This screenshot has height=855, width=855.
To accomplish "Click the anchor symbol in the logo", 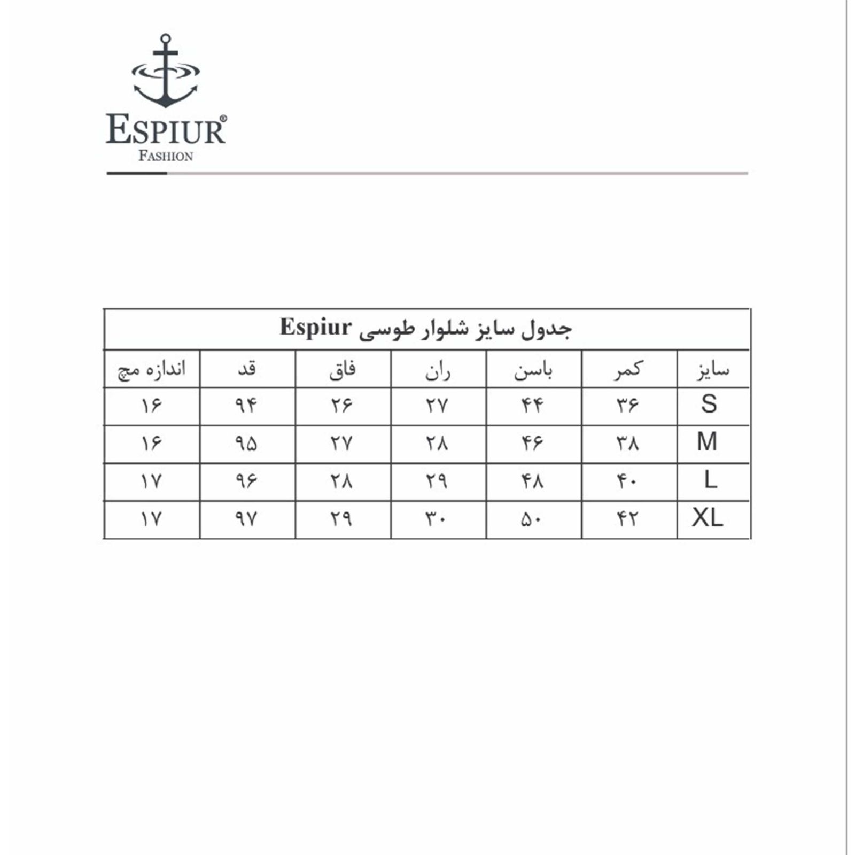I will (x=166, y=72).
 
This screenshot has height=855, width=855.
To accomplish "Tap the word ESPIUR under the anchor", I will (x=166, y=130).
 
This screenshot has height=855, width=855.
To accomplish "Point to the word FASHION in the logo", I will (x=166, y=156).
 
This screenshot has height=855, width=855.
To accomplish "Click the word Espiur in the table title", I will (x=316, y=327).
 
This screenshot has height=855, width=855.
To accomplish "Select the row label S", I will (x=709, y=405).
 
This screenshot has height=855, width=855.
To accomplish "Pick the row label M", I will (x=707, y=442).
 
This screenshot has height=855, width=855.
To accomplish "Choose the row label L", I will (x=710, y=480).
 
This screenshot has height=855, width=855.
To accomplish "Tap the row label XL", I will (x=708, y=518).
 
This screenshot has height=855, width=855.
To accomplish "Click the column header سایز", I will (x=713, y=370).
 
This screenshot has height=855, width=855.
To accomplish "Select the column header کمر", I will (x=628, y=370).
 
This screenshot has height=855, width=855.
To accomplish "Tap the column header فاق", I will (x=343, y=370).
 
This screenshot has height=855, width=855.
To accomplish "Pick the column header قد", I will (x=247, y=369).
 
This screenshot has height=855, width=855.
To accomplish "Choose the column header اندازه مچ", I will (x=152, y=370).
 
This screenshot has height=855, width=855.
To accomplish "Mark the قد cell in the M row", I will (x=246, y=444).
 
